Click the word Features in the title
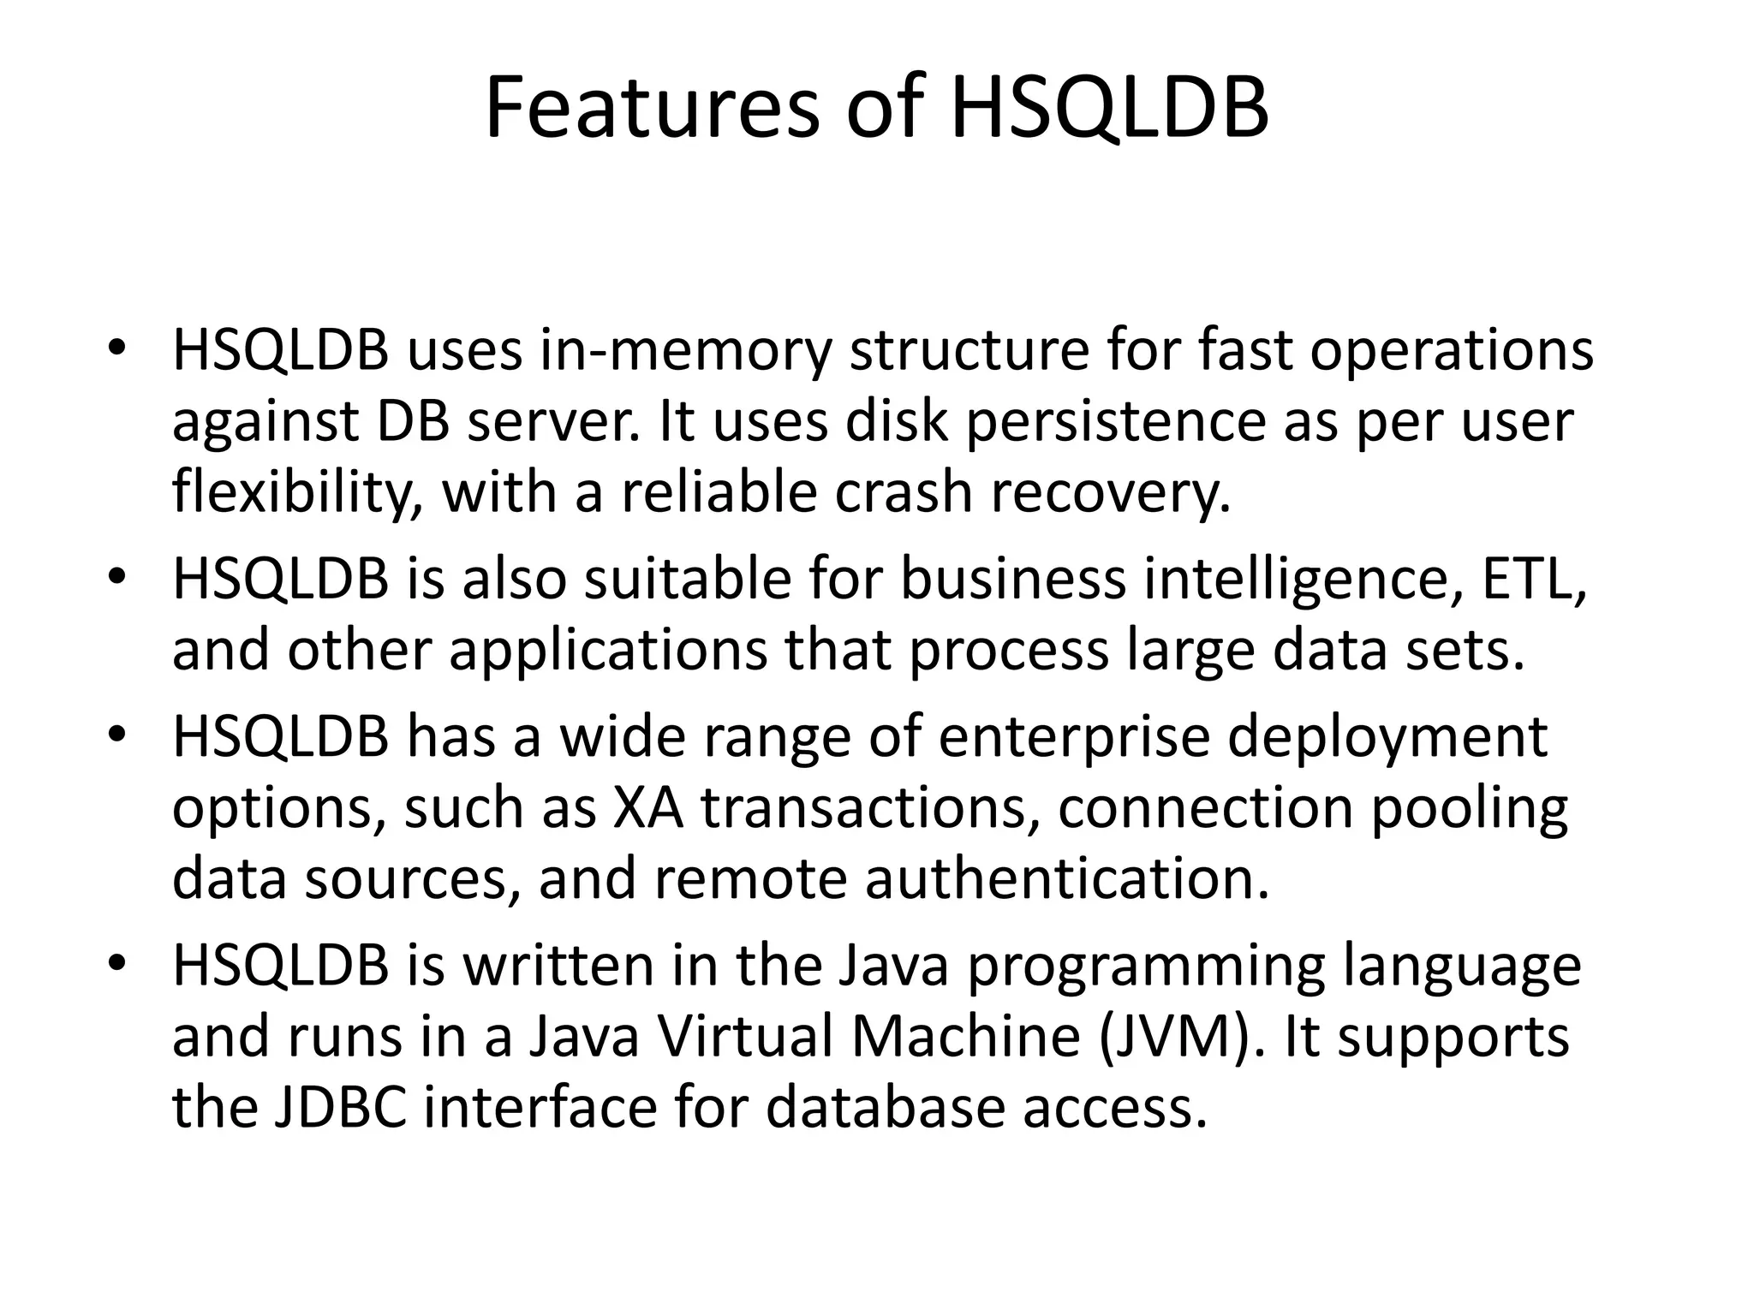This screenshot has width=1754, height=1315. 652,109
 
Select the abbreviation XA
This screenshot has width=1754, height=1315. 648,808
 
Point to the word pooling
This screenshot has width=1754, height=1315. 1470,808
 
